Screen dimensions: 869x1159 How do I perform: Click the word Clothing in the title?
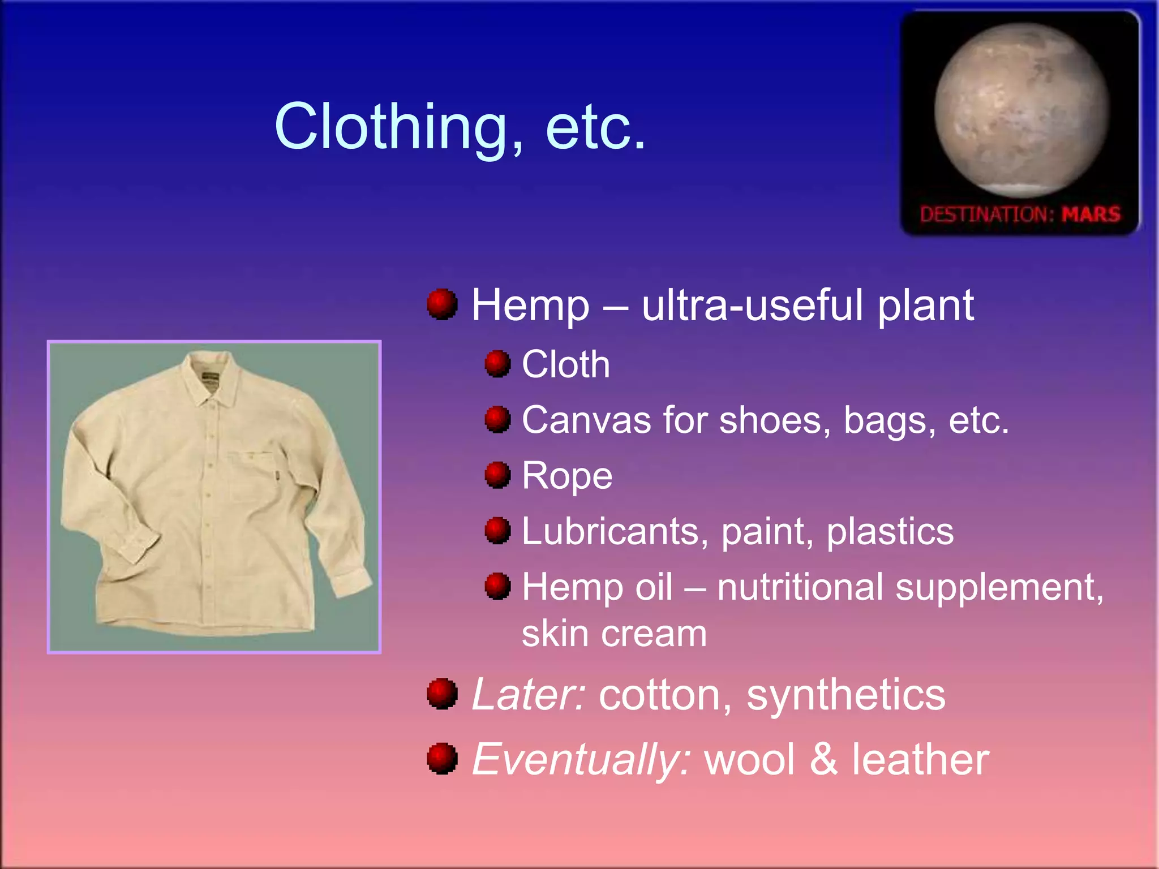[x=390, y=127]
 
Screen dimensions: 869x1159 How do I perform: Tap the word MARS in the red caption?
[x=1091, y=214]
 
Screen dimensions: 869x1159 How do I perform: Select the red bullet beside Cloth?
[x=497, y=364]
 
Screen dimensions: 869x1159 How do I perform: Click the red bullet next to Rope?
[x=497, y=475]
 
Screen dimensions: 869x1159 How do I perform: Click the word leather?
[x=920, y=759]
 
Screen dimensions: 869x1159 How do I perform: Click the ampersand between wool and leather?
[x=823, y=759]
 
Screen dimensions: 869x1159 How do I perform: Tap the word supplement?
[x=999, y=587]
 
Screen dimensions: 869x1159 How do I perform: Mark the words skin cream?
[x=614, y=634]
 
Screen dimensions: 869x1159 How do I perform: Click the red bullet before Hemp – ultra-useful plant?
[x=442, y=304]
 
